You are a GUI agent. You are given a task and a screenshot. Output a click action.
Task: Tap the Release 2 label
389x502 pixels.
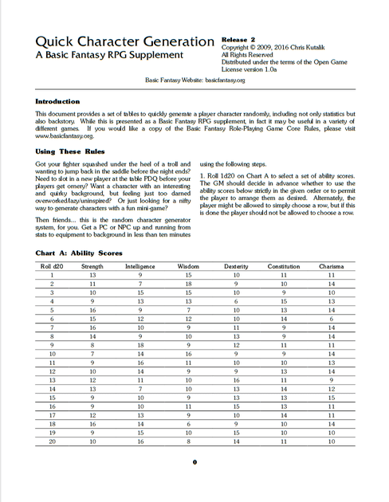point(244,37)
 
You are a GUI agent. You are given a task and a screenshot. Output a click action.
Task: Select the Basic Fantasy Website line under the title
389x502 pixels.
point(194,80)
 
